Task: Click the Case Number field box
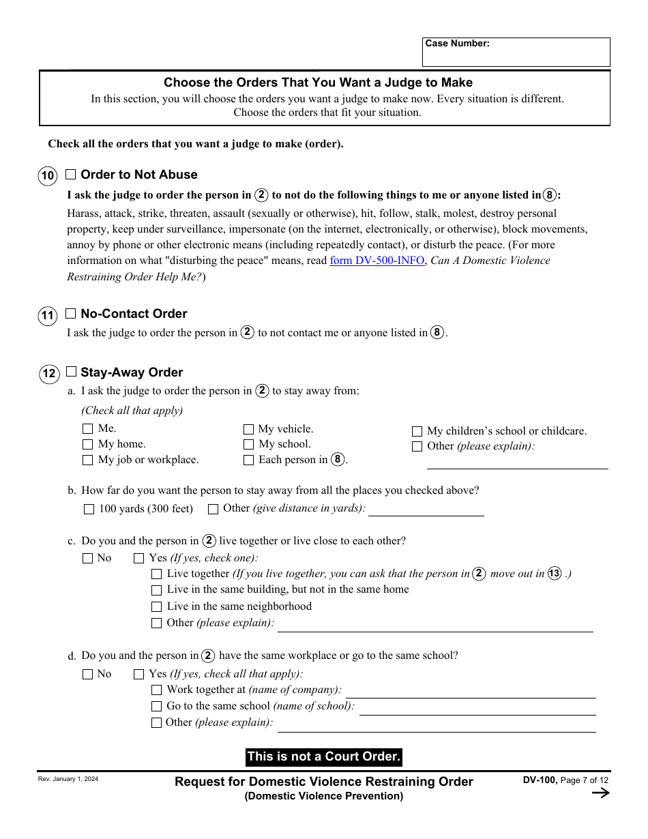tap(516, 53)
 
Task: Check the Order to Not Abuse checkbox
tap(71, 175)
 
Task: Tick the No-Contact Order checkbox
tap(71, 314)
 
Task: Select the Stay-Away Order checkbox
tap(71, 372)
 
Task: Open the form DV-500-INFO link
tap(377, 261)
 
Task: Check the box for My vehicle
tap(248, 429)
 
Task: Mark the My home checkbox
tap(87, 444)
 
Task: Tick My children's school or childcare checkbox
tap(417, 431)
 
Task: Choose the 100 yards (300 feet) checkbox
tap(89, 509)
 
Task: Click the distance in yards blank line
tap(426, 509)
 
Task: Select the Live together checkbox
tap(156, 574)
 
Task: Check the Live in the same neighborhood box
tap(156, 607)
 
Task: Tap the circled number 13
tap(555, 574)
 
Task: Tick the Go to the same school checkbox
tap(156, 707)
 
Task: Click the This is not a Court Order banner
tap(323, 756)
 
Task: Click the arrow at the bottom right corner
tap(600, 793)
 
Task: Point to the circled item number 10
tap(47, 176)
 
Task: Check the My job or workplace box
tap(87, 460)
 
